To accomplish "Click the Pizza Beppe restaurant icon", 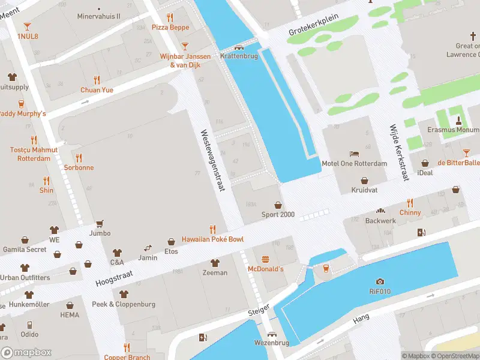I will (170, 17).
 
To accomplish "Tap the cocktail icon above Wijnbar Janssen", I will (185, 46).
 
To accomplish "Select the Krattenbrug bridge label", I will (239, 56).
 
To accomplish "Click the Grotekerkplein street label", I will (313, 25).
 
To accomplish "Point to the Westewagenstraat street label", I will (212, 160).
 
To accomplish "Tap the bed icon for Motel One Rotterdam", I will (354, 153).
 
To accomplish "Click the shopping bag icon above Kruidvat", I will (364, 180).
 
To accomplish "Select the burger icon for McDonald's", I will (265, 259).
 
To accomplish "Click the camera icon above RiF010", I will (380, 281).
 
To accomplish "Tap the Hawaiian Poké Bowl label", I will (213, 239).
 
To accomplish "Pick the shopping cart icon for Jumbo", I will (100, 223).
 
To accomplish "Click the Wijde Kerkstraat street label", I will (399, 153).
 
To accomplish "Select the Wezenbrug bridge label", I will (272, 343).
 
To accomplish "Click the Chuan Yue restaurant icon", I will (97, 80).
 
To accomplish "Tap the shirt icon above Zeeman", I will (215, 263).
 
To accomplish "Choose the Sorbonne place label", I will (79, 167).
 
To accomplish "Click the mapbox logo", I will (26, 353).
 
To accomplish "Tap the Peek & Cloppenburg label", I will (124, 304).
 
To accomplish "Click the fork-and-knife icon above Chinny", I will (410, 203).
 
